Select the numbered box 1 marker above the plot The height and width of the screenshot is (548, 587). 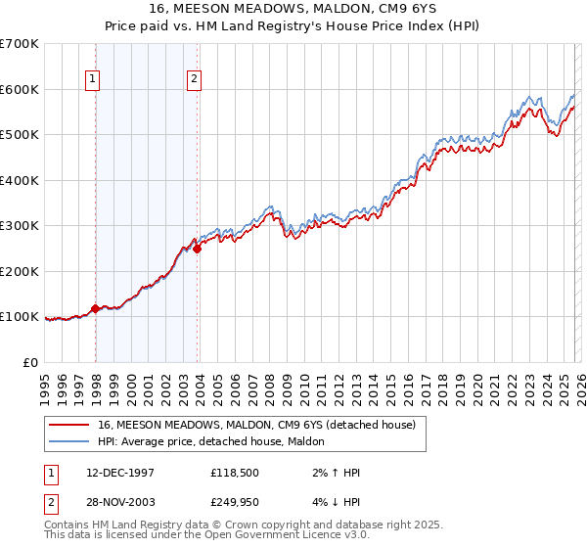coord(92,79)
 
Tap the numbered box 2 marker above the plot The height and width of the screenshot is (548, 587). coord(195,79)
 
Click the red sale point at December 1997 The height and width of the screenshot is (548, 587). coord(96,308)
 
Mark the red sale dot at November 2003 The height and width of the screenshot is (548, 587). coord(198,249)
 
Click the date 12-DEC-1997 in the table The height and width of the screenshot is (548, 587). coord(118,473)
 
